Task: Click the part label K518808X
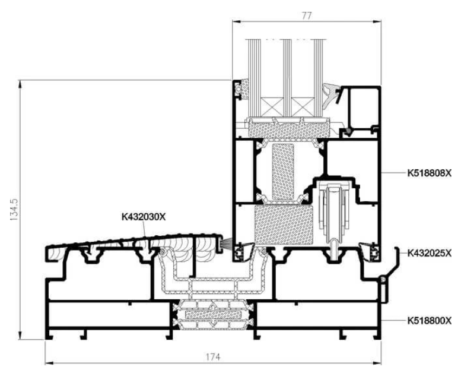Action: point(429,173)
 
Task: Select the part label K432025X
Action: point(429,253)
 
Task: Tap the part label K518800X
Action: point(429,321)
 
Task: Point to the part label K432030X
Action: point(144,217)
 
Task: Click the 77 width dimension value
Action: point(306,15)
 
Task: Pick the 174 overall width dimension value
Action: point(212,357)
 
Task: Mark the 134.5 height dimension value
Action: point(14,210)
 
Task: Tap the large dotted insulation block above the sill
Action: point(283,225)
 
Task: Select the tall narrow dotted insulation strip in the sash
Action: point(283,172)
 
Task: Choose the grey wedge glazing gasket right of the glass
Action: point(330,94)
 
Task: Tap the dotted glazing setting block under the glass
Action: point(288,129)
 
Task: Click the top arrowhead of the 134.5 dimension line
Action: point(20,84)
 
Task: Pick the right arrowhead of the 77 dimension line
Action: point(377,21)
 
